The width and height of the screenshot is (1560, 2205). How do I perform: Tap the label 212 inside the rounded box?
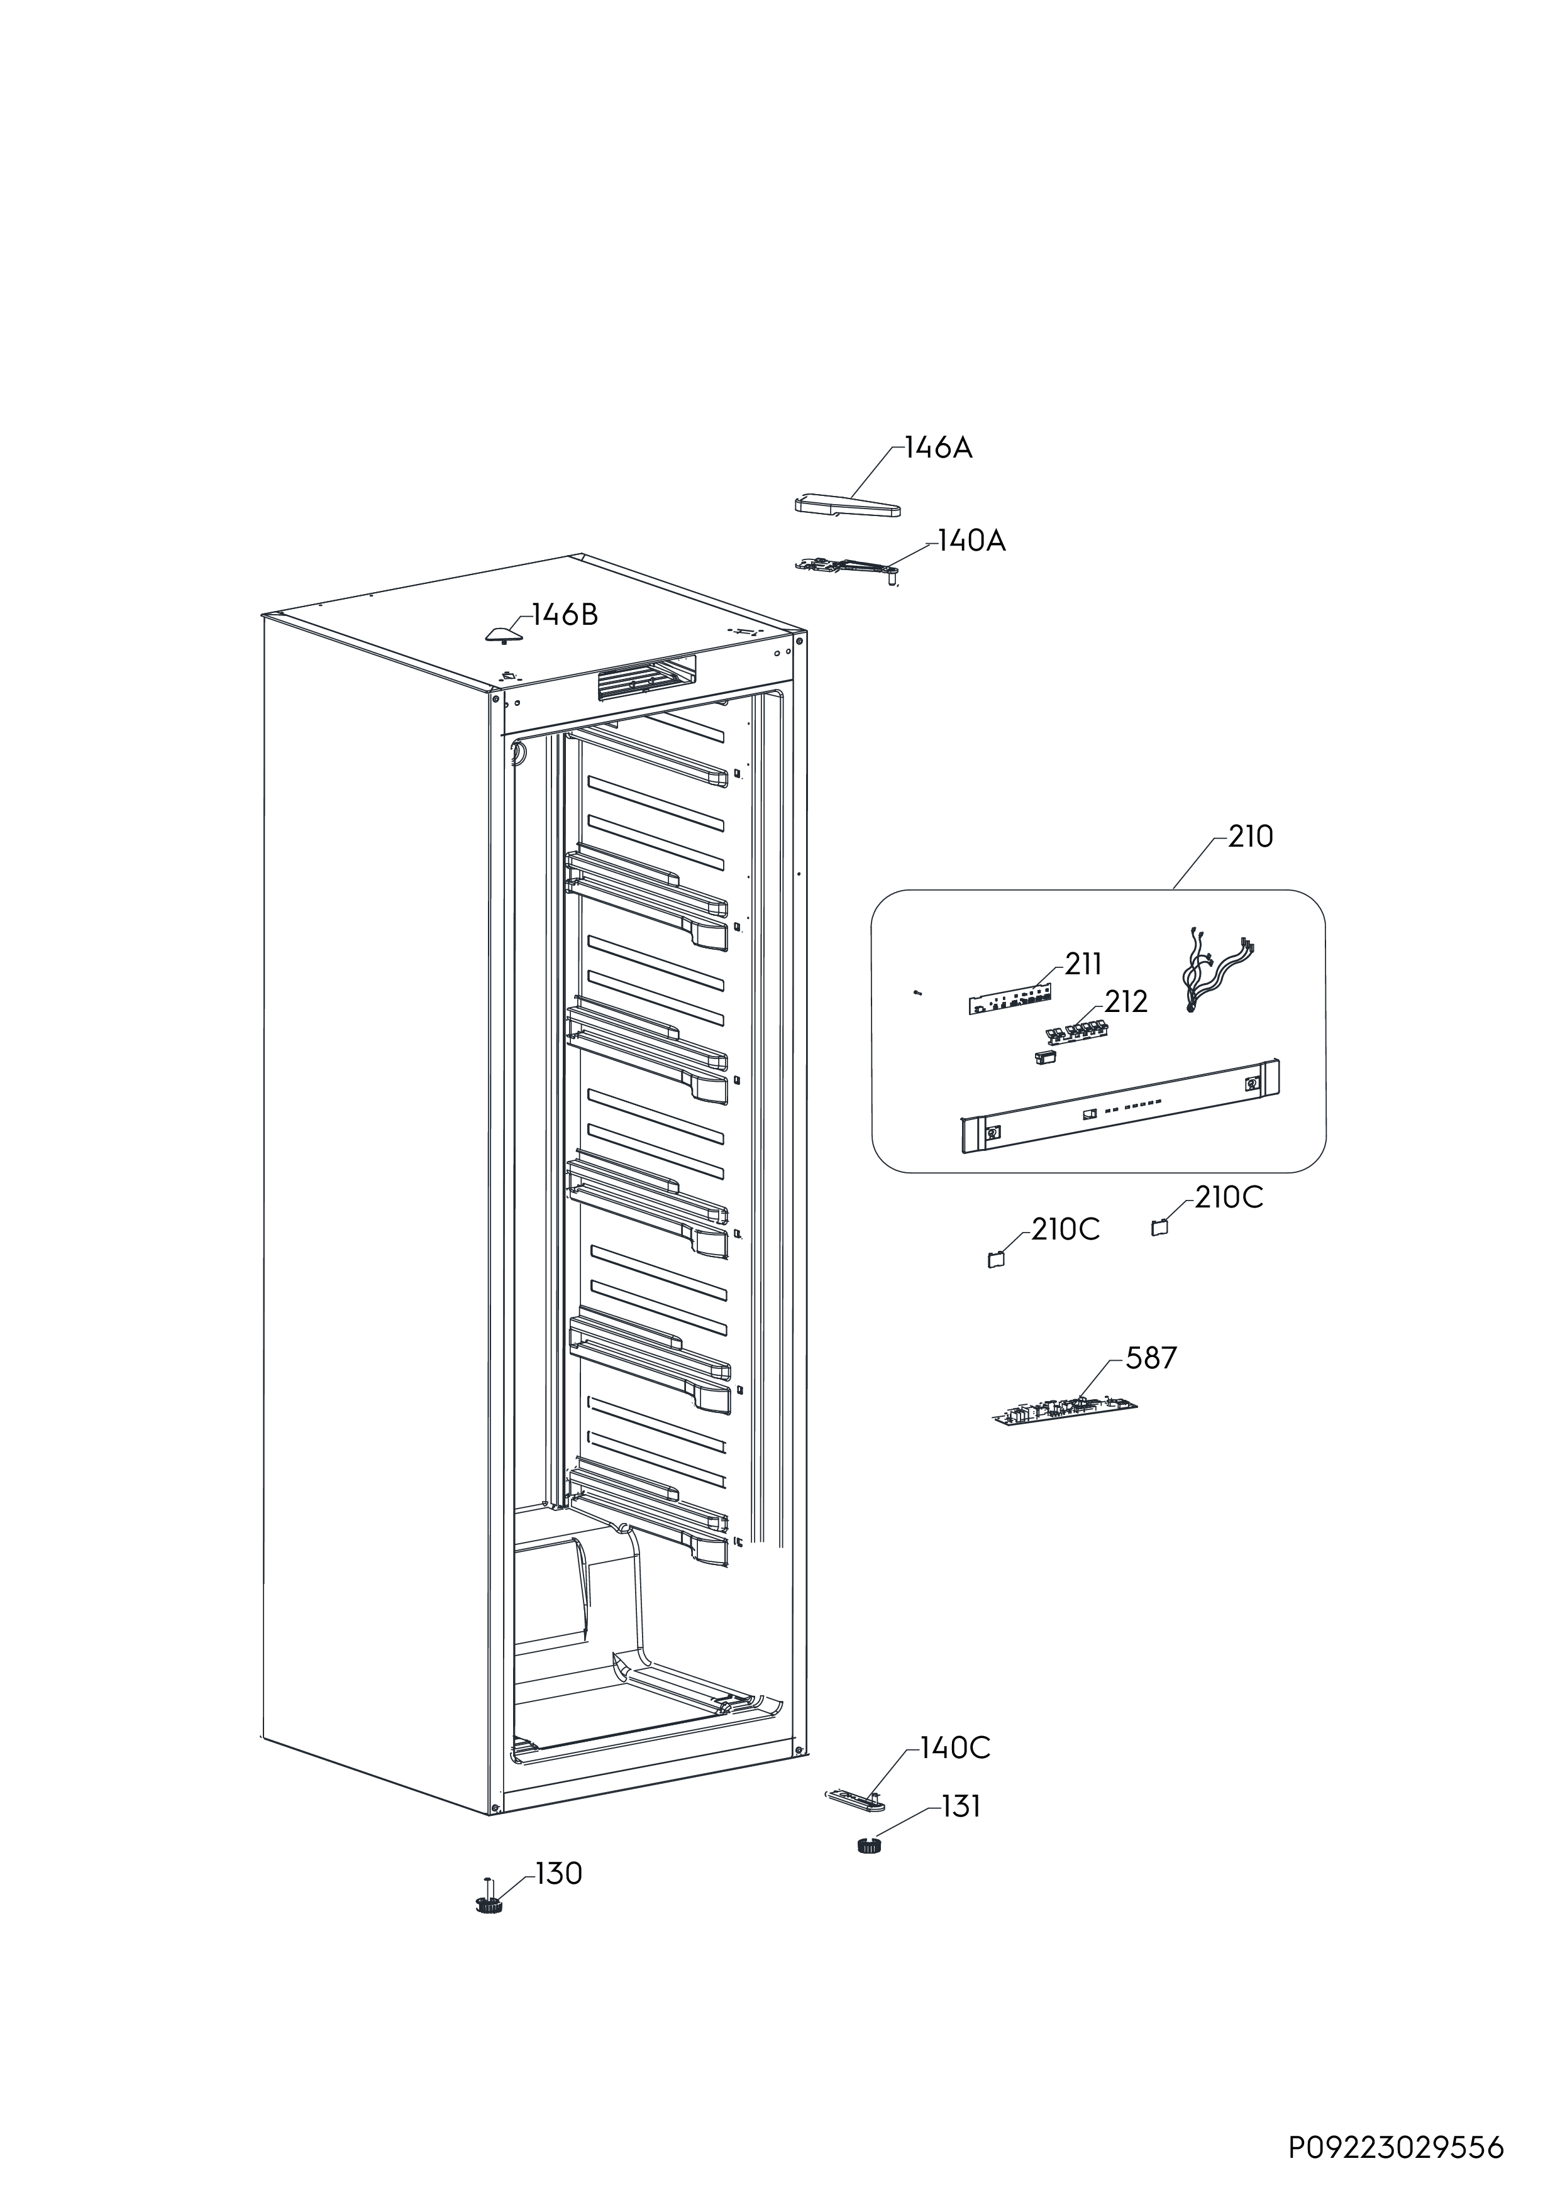pyautogui.click(x=1126, y=1002)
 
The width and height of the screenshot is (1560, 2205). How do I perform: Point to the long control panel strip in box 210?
pyautogui.click(x=1120, y=1106)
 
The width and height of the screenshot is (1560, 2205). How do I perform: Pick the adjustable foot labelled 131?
pyautogui.click(x=870, y=1844)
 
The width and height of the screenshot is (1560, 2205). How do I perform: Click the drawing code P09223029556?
pyautogui.click(x=1397, y=2140)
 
